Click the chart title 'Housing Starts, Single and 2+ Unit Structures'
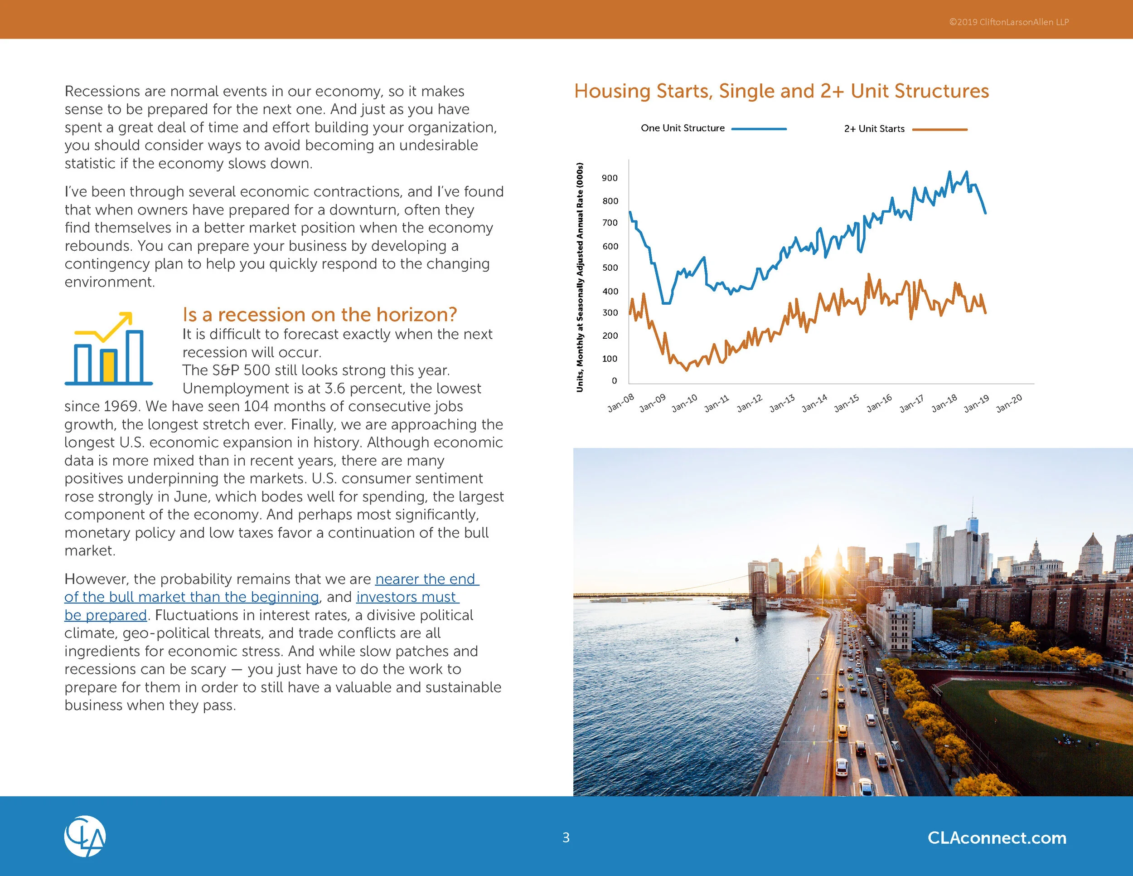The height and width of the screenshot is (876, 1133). point(781,91)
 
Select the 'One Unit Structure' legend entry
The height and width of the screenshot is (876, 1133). point(683,128)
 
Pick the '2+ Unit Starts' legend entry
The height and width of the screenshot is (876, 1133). point(874,129)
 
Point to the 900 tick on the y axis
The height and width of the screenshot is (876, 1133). point(610,178)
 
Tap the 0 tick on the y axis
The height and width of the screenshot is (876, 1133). point(614,380)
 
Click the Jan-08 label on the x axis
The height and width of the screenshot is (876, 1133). point(621,403)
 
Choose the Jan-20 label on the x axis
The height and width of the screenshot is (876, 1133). point(1009,403)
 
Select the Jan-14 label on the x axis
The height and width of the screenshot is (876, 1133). point(814,403)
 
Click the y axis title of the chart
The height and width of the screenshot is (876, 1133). point(580,277)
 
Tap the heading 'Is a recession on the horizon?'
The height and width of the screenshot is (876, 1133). point(320,315)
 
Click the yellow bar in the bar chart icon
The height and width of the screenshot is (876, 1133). point(108,366)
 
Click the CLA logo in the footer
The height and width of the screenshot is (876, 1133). point(85,837)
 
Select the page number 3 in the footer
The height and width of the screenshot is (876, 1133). point(566,837)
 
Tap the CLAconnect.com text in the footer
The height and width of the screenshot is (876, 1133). point(997,837)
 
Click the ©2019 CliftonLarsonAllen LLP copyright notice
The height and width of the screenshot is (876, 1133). point(1008,22)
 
